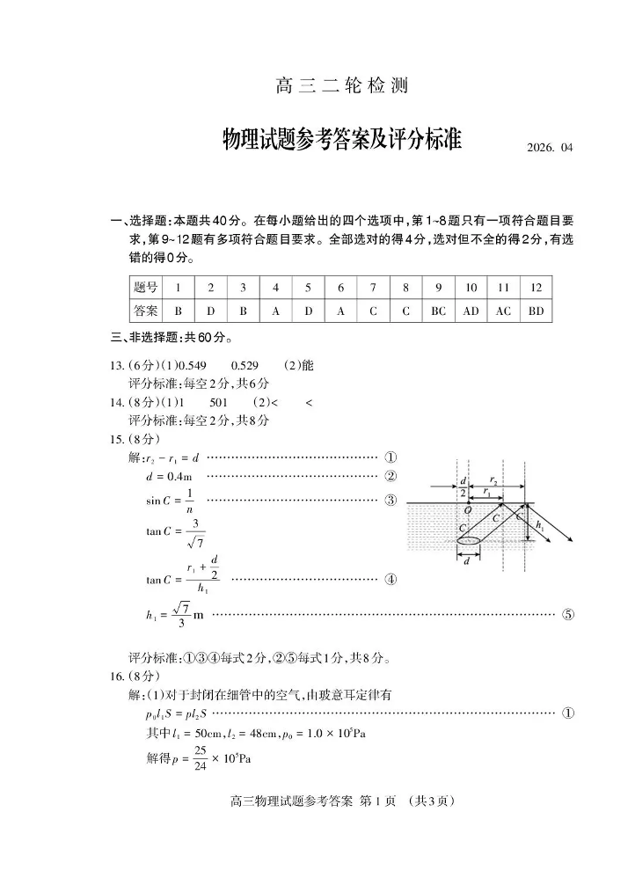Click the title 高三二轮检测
click(342, 86)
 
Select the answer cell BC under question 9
click(438, 311)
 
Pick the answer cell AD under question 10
click(471, 311)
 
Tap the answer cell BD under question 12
click(536, 311)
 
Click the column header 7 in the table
click(373, 288)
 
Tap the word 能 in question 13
click(307, 365)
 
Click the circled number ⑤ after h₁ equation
click(568, 614)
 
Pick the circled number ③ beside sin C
click(391, 501)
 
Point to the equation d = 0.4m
click(169, 477)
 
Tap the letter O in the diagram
click(467, 510)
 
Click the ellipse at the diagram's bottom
click(469, 541)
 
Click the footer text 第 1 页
click(380, 801)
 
